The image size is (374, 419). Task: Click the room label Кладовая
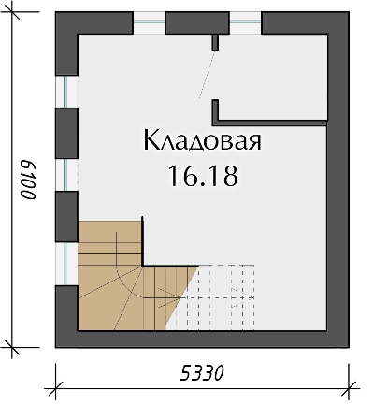pos(200,141)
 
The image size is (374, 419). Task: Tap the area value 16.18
pos(200,174)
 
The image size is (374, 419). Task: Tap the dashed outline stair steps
pos(224,295)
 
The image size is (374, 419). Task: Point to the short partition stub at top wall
pos(216,40)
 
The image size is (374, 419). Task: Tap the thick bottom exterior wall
pos(200,339)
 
